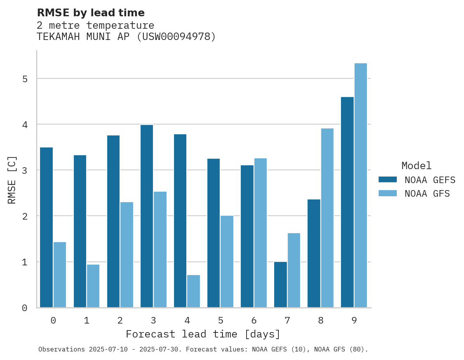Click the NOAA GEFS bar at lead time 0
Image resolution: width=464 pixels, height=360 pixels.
tap(46, 227)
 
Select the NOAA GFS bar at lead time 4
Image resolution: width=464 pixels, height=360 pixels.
tap(193, 291)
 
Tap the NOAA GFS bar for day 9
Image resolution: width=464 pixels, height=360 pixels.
tap(361, 185)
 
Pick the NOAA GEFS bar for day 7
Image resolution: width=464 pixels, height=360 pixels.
tap(280, 285)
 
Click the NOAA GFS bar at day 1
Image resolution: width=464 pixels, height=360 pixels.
tap(93, 286)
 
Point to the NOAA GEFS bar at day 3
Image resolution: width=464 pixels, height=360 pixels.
tap(147, 216)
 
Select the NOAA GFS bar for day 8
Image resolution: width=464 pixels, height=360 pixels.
tap(327, 218)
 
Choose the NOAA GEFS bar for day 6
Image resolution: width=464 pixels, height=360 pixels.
tap(247, 236)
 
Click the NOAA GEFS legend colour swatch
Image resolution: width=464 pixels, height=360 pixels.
tap(388, 180)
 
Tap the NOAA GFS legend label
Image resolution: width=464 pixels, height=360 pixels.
tap(427, 194)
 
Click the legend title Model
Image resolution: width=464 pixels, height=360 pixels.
tap(416, 166)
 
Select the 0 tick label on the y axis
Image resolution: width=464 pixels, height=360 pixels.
tap(24, 308)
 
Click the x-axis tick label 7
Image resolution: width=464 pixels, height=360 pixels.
tap(287, 321)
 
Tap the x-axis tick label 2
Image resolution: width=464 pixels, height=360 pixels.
tap(120, 321)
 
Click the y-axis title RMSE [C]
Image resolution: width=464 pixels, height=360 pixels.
tap(12, 180)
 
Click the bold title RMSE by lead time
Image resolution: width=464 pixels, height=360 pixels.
tap(91, 13)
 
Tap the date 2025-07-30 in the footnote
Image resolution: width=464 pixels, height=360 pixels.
tap(165, 350)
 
